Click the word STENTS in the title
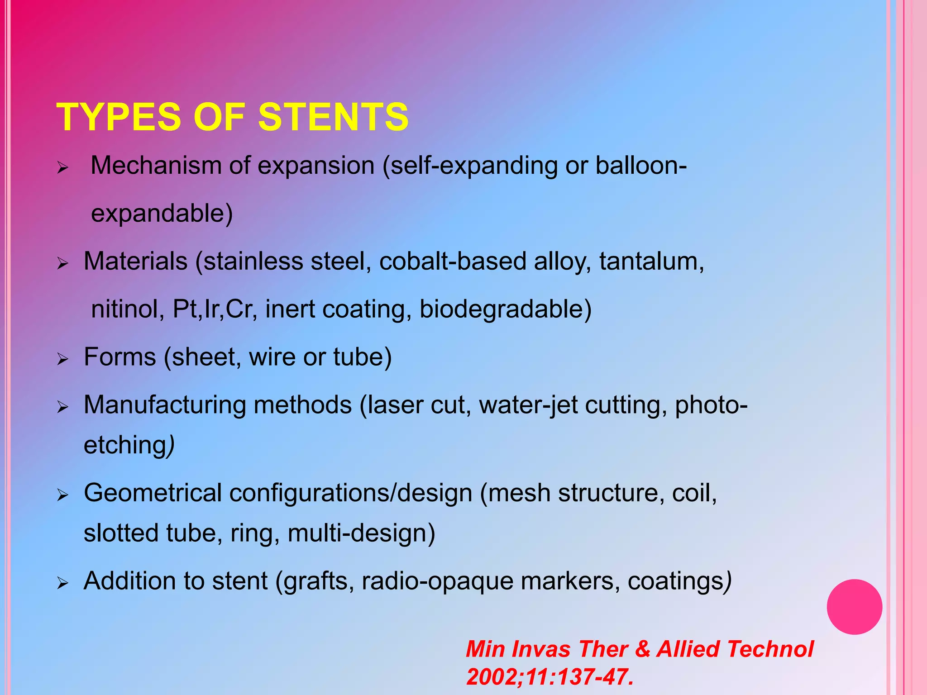[333, 117]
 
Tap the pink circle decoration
[854, 607]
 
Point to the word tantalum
[651, 262]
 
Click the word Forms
[120, 357]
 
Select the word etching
[126, 445]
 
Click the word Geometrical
[153, 493]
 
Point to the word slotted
[121, 533]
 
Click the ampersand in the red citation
[642, 649]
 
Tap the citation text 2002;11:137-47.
[550, 677]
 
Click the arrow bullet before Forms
[62, 359]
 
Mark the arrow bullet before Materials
[62, 263]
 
